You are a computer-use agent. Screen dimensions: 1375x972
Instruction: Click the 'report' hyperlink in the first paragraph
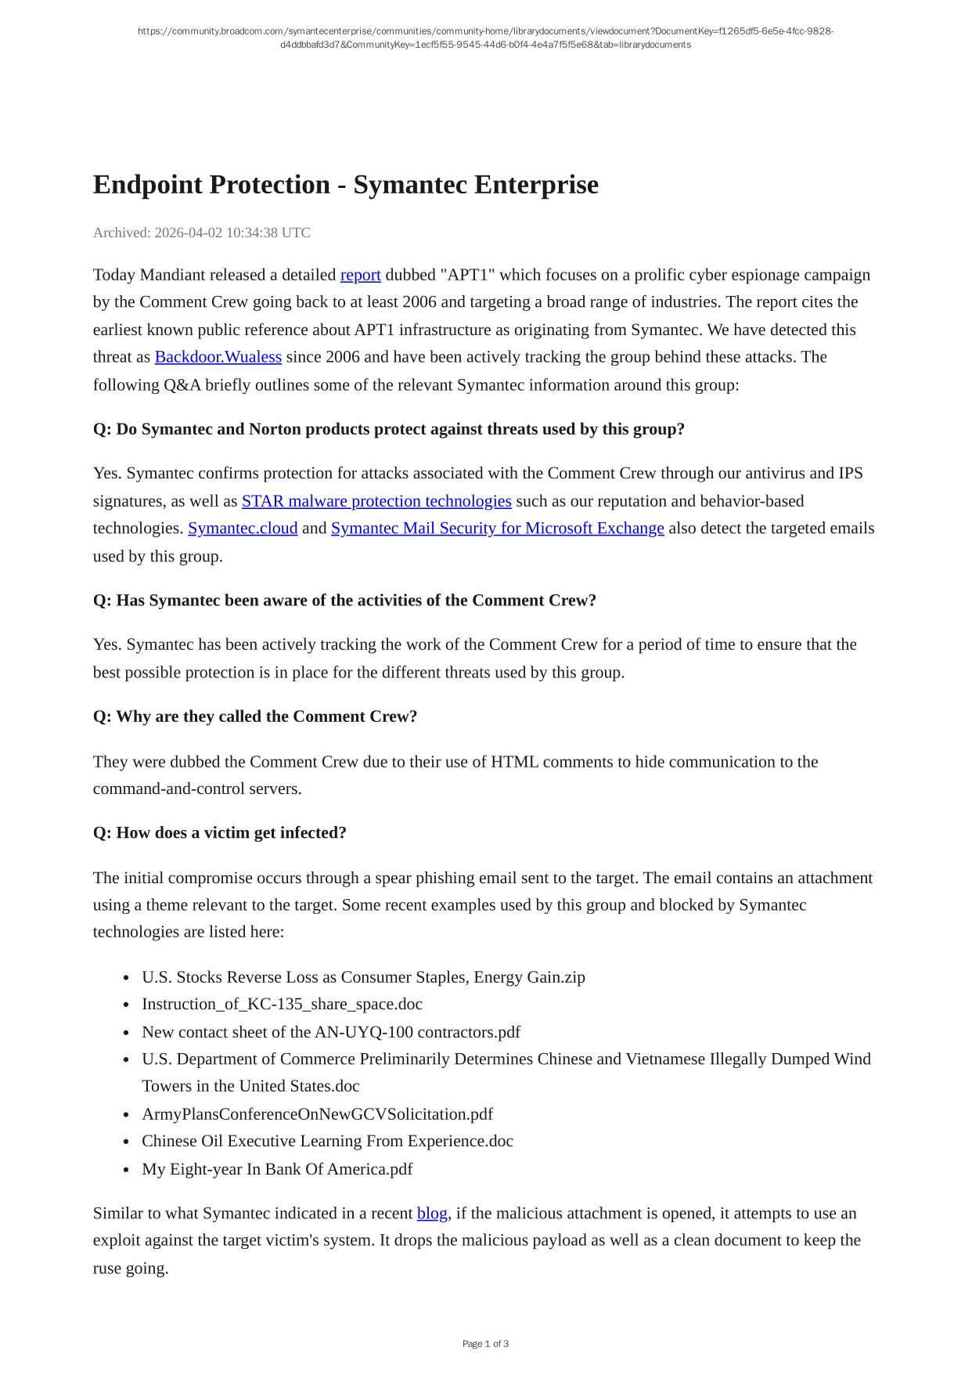360,275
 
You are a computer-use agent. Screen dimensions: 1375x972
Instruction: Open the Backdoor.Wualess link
218,357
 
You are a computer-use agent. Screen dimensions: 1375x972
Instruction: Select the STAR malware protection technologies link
376,501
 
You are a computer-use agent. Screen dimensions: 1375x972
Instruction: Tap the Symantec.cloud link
243,529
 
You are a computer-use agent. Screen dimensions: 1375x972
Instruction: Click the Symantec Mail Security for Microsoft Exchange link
497,529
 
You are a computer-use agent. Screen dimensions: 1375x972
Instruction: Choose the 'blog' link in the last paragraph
432,1213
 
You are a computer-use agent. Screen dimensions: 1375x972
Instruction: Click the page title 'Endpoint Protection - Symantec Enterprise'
345,185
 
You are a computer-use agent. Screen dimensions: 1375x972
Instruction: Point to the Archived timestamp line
201,233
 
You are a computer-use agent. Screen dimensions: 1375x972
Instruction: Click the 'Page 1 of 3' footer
485,1344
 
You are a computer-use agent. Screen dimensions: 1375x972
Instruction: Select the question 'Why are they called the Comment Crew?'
254,716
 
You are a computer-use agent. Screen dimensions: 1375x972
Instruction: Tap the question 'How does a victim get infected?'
219,832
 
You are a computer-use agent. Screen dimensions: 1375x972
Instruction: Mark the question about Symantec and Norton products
388,429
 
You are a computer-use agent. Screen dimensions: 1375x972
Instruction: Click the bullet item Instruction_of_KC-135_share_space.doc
282,1004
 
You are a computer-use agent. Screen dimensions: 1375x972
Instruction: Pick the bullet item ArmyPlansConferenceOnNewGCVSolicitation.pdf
317,1113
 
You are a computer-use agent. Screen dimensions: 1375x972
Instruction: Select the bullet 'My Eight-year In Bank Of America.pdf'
276,1169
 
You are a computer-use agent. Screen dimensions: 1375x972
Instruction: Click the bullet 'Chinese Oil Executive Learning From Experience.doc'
327,1141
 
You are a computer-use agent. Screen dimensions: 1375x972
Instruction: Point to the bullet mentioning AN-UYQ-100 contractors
330,1032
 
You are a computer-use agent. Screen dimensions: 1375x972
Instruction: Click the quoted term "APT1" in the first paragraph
468,275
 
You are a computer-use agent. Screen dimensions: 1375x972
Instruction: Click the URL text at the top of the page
485,38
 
